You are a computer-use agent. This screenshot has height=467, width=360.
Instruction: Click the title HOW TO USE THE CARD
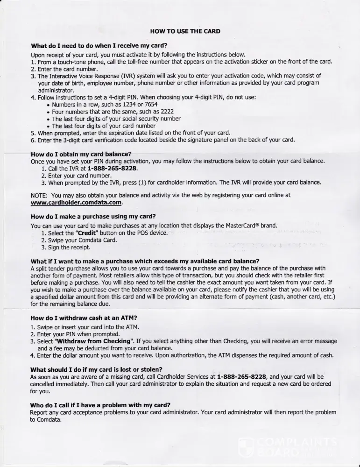(185, 31)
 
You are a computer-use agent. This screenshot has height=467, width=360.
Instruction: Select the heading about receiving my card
(99, 46)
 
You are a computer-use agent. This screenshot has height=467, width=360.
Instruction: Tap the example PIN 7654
(154, 105)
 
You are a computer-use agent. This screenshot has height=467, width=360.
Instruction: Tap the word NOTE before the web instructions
(39, 195)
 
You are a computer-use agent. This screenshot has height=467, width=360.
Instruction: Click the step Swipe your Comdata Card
(79, 240)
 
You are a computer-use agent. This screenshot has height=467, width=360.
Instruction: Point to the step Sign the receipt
(66, 248)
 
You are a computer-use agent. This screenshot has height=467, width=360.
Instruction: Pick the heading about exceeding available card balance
(145, 261)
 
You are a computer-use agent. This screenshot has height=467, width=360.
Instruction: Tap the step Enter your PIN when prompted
(71, 334)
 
